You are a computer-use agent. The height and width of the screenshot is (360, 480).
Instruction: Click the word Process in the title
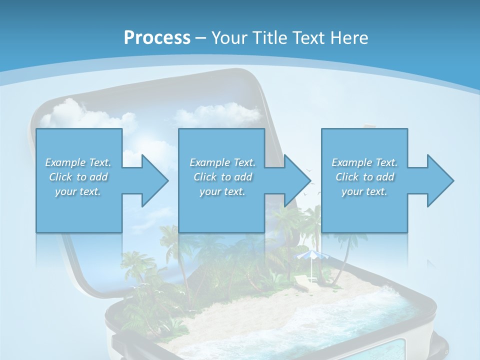(157, 38)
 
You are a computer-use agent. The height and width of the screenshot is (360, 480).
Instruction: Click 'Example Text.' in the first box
(78, 162)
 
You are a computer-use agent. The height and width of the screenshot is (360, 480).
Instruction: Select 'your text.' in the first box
(78, 191)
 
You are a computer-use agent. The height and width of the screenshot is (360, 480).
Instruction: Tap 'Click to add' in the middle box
(222, 177)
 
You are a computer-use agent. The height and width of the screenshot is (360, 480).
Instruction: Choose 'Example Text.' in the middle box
(222, 162)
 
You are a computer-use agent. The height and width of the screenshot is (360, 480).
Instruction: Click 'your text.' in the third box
(364, 191)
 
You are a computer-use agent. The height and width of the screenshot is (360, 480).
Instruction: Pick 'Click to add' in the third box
(364, 177)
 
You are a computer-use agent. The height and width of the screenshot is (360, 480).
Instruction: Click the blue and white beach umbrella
(312, 256)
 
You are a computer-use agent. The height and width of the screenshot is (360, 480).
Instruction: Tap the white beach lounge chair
(302, 282)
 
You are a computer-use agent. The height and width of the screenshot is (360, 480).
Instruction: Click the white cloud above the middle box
(220, 115)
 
